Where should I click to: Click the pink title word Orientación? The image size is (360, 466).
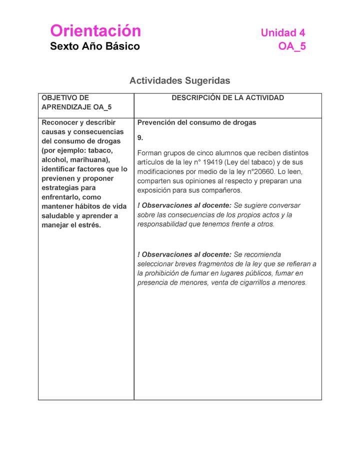(95, 31)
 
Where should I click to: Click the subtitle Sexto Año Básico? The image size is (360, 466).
(95, 46)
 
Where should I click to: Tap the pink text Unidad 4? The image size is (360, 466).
(282, 33)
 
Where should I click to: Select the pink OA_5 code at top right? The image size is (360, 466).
(291, 47)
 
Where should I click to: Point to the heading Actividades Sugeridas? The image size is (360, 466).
(180, 80)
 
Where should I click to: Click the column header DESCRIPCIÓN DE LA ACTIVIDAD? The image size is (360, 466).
(227, 98)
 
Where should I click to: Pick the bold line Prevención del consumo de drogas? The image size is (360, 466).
(196, 122)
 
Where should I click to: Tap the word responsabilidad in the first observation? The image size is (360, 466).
(163, 224)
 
